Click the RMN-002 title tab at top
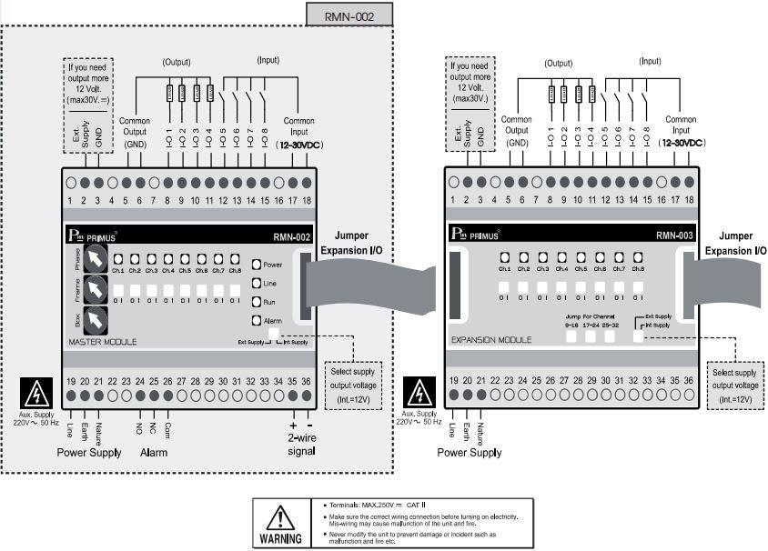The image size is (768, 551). [x=349, y=15]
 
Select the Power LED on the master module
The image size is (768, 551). [x=257, y=265]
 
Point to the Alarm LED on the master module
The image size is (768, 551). [x=257, y=320]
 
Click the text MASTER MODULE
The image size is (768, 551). [x=103, y=343]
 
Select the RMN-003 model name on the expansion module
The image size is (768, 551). [x=674, y=235]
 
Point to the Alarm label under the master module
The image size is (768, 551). [x=154, y=452]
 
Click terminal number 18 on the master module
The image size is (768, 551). [x=307, y=200]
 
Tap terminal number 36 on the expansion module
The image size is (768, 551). [x=689, y=379]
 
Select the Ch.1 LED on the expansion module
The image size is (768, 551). [x=504, y=257]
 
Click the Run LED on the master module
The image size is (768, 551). [x=257, y=301]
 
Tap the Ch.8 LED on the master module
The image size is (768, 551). [x=234, y=259]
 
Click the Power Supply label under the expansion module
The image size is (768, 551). [x=469, y=452]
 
